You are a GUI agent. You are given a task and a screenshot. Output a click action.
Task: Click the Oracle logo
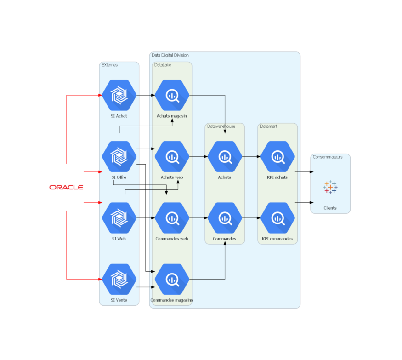coord(66,187)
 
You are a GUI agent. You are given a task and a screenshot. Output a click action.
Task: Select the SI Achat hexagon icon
coord(119,95)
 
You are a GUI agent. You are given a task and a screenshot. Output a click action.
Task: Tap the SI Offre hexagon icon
coord(119,156)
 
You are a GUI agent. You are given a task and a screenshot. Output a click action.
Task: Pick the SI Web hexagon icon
coord(119,218)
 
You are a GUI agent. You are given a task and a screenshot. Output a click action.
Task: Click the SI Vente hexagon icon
coord(119,279)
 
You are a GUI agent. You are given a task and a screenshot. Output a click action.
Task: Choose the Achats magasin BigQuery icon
coord(172,95)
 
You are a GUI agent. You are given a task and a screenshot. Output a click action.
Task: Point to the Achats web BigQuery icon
coord(172,156)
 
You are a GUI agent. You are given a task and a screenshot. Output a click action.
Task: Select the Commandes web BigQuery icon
coord(172,218)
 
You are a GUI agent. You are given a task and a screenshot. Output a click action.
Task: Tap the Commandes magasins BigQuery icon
coord(172,279)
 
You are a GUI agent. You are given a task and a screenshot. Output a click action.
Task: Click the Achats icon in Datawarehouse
coord(225,156)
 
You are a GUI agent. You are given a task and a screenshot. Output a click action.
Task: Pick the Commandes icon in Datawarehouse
coord(225,218)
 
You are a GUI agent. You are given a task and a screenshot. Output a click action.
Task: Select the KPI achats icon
coord(277,156)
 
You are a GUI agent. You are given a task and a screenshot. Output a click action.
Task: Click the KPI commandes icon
coord(277,218)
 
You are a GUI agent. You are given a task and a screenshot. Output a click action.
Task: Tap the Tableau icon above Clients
coord(330,187)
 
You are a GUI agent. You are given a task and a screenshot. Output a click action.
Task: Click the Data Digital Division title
coord(170,55)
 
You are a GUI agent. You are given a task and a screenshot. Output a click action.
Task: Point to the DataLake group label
coord(162,65)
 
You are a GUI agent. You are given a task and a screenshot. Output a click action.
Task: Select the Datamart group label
coord(268,126)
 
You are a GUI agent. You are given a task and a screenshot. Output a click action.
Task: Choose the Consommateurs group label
coord(328,157)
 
